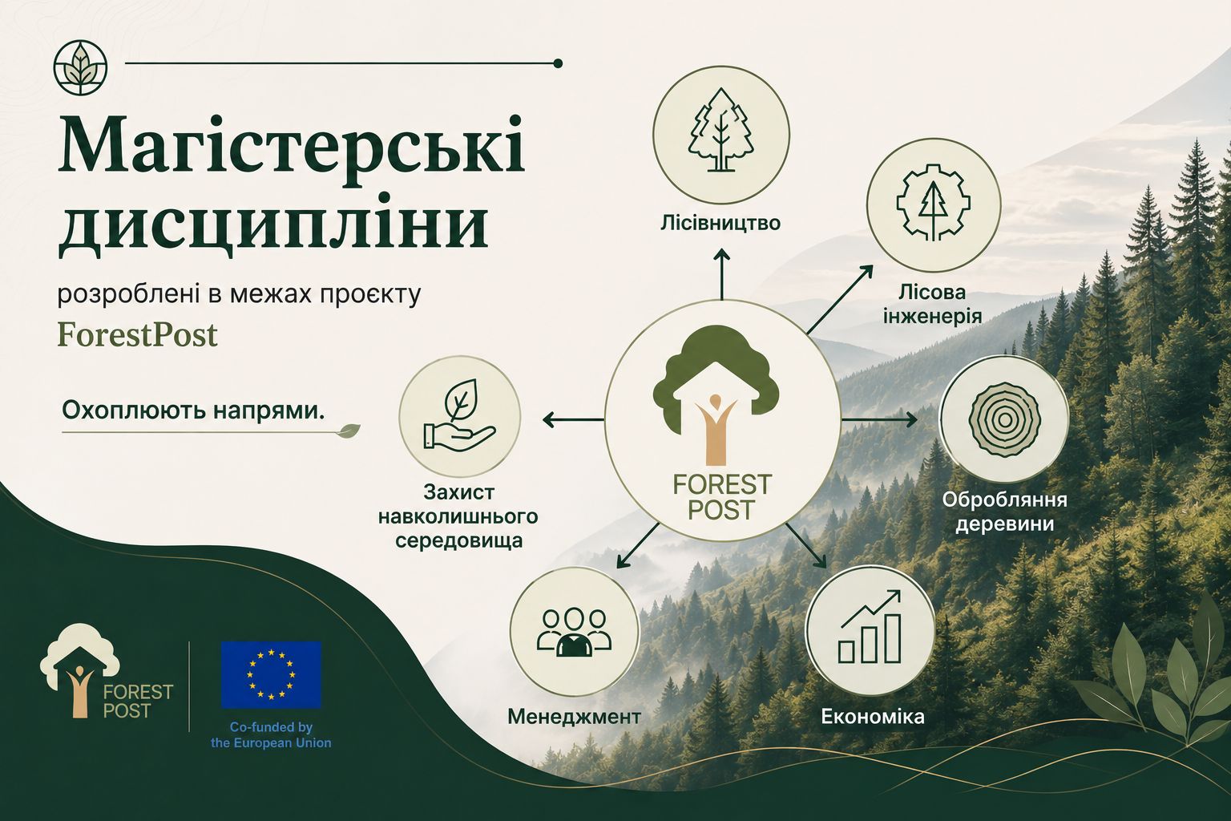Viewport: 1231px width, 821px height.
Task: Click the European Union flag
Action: click(271, 675)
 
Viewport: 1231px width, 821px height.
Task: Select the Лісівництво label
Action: click(720, 223)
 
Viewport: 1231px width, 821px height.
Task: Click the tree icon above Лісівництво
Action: click(721, 130)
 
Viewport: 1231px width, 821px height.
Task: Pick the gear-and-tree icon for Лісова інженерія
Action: click(933, 203)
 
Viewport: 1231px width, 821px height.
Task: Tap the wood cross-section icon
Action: click(1004, 421)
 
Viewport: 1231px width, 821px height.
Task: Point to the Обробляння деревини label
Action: click(1005, 512)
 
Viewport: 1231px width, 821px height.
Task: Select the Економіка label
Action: click(873, 717)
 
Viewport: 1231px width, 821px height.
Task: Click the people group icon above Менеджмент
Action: click(574, 632)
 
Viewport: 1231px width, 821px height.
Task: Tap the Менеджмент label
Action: click(575, 717)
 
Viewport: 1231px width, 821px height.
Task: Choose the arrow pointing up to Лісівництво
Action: click(721, 274)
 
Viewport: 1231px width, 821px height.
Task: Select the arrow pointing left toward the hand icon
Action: click(573, 420)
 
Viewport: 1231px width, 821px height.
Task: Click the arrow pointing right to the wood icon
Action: click(879, 420)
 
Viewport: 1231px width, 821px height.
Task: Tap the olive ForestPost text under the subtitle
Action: click(137, 334)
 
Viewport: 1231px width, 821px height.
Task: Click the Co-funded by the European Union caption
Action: click(271, 734)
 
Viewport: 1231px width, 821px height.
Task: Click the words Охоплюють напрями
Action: click(193, 410)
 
